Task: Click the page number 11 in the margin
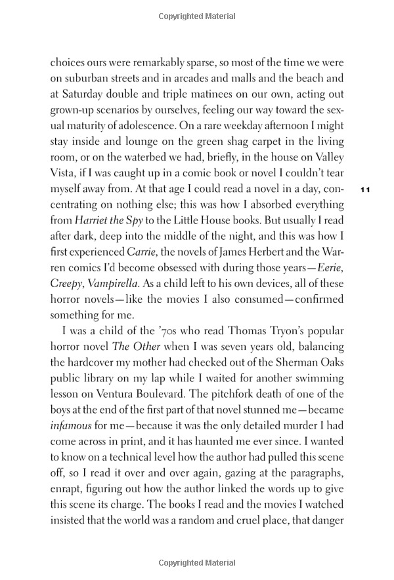click(366, 189)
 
